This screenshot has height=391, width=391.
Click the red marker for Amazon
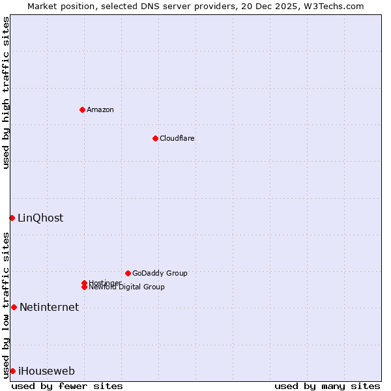pyautogui.click(x=82, y=109)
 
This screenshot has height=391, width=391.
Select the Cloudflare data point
pyautogui.click(x=155, y=138)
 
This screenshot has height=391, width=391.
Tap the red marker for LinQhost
pyautogui.click(x=12, y=218)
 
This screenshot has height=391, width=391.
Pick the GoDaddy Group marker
pyautogui.click(x=128, y=273)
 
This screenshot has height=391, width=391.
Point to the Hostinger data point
pyautogui.click(x=84, y=283)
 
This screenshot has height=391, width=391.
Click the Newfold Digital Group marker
pyautogui.click(x=84, y=287)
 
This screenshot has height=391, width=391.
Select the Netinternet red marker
pyautogui.click(x=14, y=307)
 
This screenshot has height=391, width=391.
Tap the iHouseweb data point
pyautogui.click(x=12, y=371)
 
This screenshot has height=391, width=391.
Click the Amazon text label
pyautogui.click(x=100, y=109)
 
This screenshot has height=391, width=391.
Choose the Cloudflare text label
pyautogui.click(x=177, y=138)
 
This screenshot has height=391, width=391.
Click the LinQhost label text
pyautogui.click(x=40, y=218)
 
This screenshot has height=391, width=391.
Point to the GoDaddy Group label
pyautogui.click(x=160, y=273)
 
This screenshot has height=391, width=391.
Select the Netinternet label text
pyautogui.click(x=49, y=307)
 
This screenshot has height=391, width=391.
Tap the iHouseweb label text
pyautogui.click(x=46, y=371)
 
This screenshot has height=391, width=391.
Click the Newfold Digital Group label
pyautogui.click(x=126, y=287)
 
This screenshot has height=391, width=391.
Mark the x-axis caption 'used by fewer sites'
pyautogui.click(x=67, y=386)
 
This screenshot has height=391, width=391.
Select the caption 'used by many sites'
pyautogui.click(x=327, y=386)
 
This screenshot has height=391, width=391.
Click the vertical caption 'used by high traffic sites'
pyautogui.click(x=6, y=93)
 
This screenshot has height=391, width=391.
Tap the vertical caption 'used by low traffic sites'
pyautogui.click(x=6, y=305)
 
